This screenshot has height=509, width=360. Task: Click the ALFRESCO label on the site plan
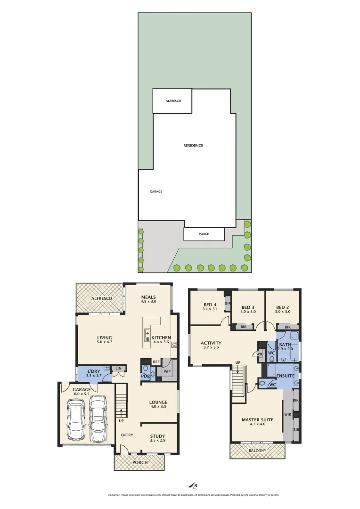click(173, 101)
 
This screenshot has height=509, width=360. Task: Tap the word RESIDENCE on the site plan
click(193, 145)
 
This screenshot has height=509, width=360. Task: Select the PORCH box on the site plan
click(204, 234)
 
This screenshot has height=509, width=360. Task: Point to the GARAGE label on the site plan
click(156, 191)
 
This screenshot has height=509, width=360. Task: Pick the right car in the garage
click(98, 417)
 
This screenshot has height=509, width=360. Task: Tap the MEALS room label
click(148, 297)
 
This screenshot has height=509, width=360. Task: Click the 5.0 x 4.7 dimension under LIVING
click(105, 343)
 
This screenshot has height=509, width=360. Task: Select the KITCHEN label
click(161, 337)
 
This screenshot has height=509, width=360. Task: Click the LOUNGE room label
click(158, 402)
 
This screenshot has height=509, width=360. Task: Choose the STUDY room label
click(157, 436)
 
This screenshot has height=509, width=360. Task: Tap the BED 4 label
click(210, 304)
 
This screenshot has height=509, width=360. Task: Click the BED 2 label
click(282, 307)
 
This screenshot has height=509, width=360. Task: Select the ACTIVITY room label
click(211, 343)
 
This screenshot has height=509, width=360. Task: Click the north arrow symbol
click(193, 485)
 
